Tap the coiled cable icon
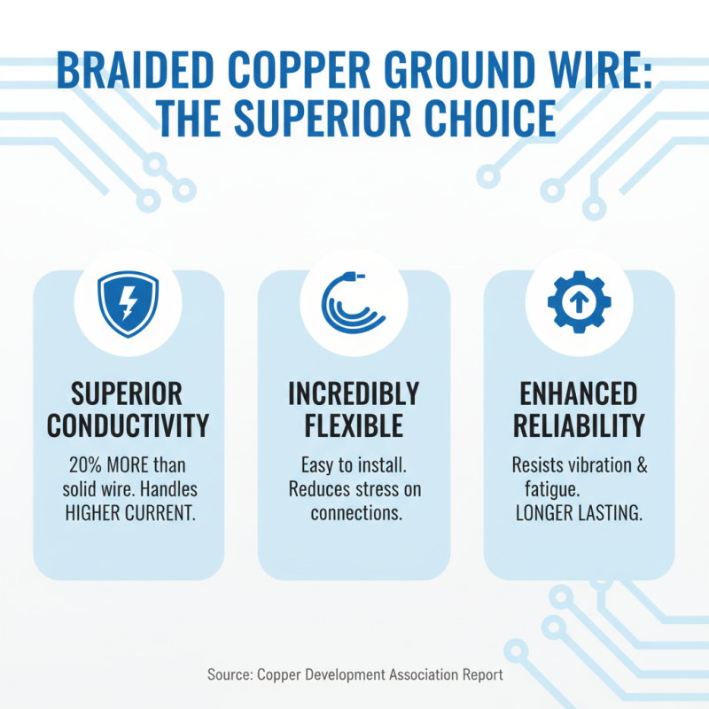(354, 303)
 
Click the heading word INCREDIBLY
(354, 393)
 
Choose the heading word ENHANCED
(579, 393)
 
